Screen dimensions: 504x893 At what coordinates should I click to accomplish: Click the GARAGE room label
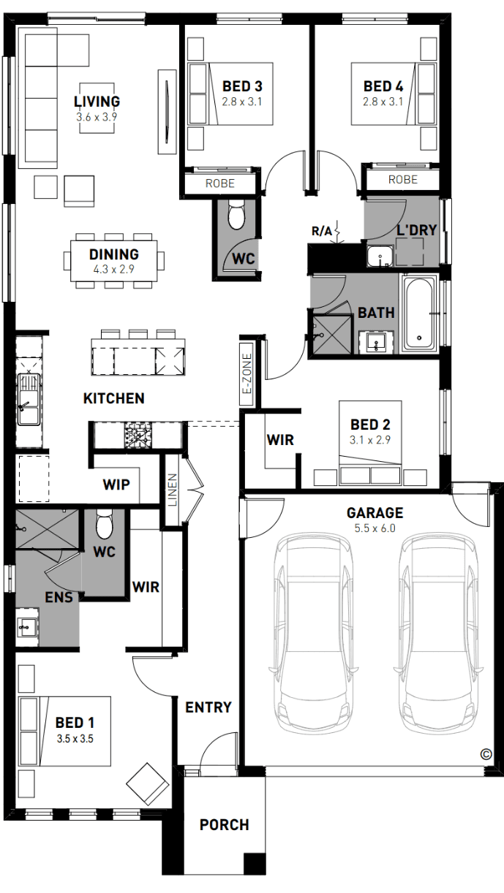coord(375,513)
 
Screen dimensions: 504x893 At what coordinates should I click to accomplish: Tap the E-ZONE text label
coord(247,373)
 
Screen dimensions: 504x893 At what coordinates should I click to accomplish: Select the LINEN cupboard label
coord(173,490)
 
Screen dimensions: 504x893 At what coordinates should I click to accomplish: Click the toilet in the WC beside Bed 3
coord(236,214)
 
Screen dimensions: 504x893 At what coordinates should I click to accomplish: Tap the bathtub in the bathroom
coord(418,313)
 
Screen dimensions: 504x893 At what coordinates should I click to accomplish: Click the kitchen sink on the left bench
coord(29,399)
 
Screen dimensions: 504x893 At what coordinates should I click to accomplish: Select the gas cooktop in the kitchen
coord(138,435)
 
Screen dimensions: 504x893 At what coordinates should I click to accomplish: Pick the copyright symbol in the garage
coord(486,754)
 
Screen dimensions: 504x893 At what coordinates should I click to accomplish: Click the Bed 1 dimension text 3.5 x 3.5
coord(75,738)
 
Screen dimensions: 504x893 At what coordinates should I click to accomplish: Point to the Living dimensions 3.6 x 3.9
coord(97,117)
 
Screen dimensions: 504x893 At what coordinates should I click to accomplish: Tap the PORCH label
coord(225,824)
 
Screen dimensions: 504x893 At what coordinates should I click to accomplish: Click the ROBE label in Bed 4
coord(402,179)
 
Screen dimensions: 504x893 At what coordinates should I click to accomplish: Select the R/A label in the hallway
coord(322,231)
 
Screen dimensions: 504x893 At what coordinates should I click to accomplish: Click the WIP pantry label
coord(116,484)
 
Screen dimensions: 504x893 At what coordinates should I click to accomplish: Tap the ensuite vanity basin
coord(27,627)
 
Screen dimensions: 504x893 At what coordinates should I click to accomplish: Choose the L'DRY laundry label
coord(417,230)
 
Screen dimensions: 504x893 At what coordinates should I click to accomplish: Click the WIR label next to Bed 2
coord(280,440)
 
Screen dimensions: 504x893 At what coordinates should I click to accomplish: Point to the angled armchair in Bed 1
coord(147,785)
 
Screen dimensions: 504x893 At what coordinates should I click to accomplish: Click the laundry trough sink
coord(380,256)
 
